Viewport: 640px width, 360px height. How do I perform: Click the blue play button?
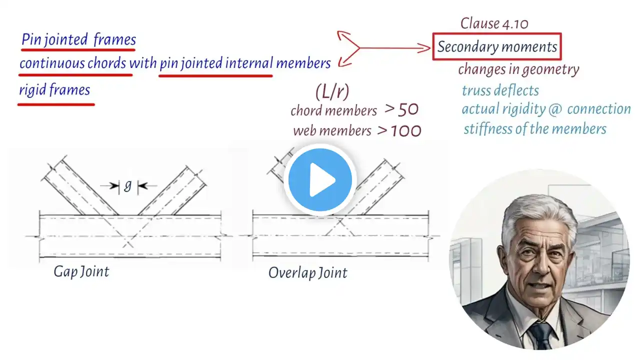point(320,180)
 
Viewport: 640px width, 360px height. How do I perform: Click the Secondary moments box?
point(497,46)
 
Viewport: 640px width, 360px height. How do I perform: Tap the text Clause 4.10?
point(494,23)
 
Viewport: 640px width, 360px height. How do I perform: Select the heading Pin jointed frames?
point(78,39)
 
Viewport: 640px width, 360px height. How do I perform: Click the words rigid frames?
point(54,89)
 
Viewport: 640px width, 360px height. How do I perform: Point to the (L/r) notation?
point(332,92)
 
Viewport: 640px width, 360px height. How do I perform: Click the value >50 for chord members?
point(401,109)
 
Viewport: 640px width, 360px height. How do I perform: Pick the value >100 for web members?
point(399,130)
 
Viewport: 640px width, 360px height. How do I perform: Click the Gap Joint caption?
point(81,271)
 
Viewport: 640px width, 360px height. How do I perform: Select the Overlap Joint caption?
point(308,272)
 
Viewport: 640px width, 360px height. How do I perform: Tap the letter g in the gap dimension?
point(127,186)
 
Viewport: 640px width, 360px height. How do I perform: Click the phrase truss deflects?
point(500,90)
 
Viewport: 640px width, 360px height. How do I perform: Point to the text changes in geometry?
point(518,69)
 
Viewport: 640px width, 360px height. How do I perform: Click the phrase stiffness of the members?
point(535,129)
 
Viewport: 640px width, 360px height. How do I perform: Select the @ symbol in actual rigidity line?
point(555,109)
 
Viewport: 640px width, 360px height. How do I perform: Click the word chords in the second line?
point(106,63)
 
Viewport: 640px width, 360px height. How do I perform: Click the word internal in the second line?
point(249,63)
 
